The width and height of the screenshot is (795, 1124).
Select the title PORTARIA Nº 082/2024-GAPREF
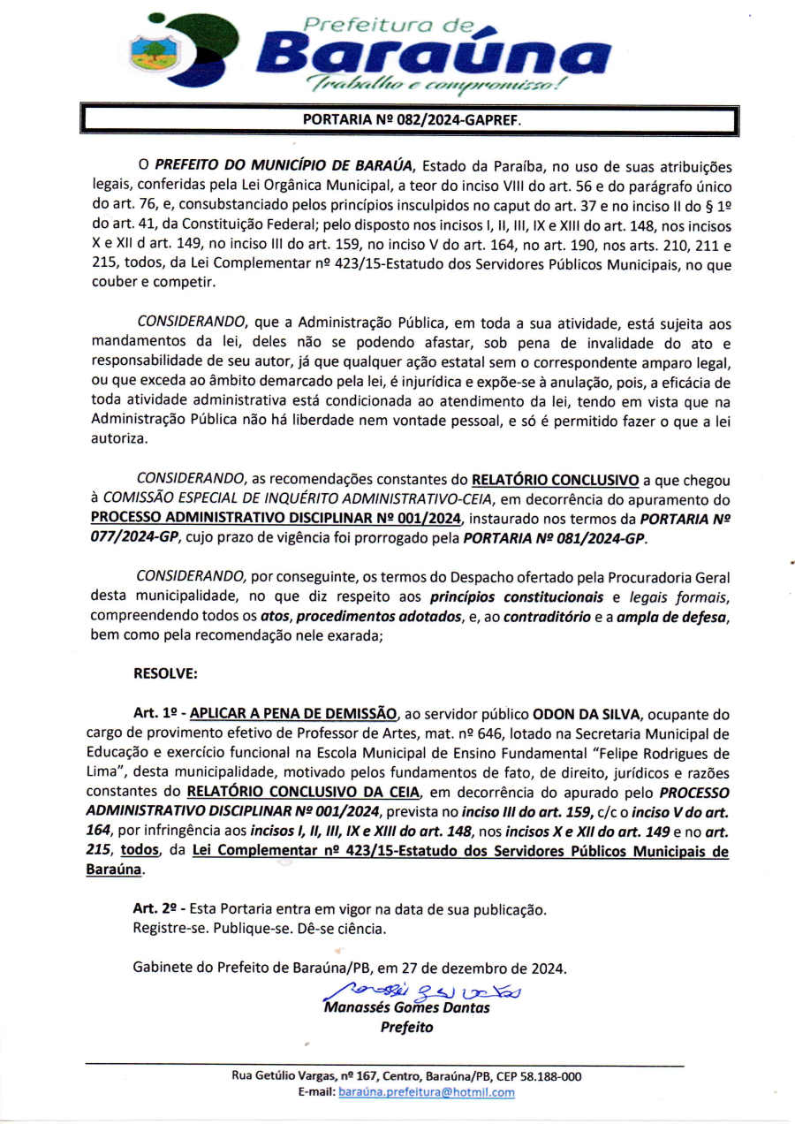412,118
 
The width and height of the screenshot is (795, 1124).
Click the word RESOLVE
165,673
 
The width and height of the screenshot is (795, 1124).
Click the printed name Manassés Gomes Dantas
406,1007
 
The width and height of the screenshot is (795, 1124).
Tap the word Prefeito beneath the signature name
406,1027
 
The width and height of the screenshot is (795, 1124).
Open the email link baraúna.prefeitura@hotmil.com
426,1092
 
